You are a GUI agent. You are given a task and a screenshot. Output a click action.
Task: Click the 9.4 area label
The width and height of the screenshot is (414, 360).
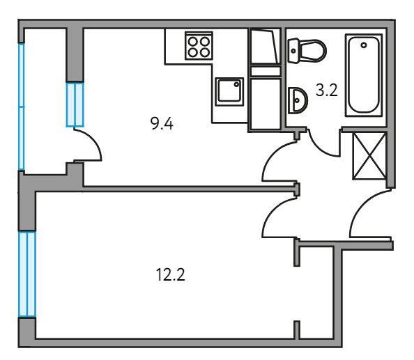[x=162, y=124]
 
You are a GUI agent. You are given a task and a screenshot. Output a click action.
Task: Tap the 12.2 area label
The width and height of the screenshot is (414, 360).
[x=171, y=274]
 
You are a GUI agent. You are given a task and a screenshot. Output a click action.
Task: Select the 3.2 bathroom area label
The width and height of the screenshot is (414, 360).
[x=327, y=91]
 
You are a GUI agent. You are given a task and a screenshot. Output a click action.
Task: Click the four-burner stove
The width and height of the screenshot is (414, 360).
[x=199, y=46]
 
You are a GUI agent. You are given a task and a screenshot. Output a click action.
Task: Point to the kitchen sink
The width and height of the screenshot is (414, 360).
[x=229, y=92]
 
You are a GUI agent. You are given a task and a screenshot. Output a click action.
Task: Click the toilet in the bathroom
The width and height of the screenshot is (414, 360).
[x=307, y=51]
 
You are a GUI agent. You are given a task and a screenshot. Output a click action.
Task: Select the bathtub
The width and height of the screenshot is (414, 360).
[x=364, y=75]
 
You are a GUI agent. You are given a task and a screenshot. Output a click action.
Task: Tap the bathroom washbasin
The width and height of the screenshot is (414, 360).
[x=298, y=100]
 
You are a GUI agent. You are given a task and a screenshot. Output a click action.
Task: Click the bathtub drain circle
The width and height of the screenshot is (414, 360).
[x=364, y=45]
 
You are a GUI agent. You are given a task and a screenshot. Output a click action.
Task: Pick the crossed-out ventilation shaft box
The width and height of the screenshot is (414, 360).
[x=369, y=156]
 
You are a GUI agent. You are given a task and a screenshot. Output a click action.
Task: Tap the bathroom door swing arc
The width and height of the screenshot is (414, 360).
[x=319, y=148]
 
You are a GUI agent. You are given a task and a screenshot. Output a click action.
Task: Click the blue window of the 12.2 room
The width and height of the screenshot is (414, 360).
[x=27, y=274]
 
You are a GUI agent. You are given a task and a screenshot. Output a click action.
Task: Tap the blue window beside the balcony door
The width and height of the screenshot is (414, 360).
[x=75, y=105]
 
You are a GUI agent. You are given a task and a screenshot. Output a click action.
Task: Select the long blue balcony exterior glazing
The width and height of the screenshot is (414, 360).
[x=22, y=107]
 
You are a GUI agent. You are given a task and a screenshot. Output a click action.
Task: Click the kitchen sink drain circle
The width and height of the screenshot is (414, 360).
[x=236, y=84]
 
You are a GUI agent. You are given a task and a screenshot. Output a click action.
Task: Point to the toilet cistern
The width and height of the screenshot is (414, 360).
[x=293, y=51]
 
